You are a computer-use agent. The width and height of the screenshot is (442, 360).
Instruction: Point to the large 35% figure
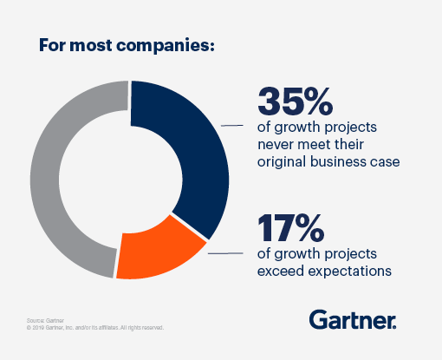[296, 102]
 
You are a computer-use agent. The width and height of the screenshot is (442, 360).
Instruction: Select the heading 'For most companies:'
[127, 44]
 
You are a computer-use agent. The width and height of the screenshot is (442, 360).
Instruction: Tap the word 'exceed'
[281, 272]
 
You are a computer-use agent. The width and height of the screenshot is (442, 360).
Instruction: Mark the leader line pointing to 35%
[232, 126]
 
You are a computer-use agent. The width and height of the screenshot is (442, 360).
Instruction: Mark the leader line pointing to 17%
[224, 252]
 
